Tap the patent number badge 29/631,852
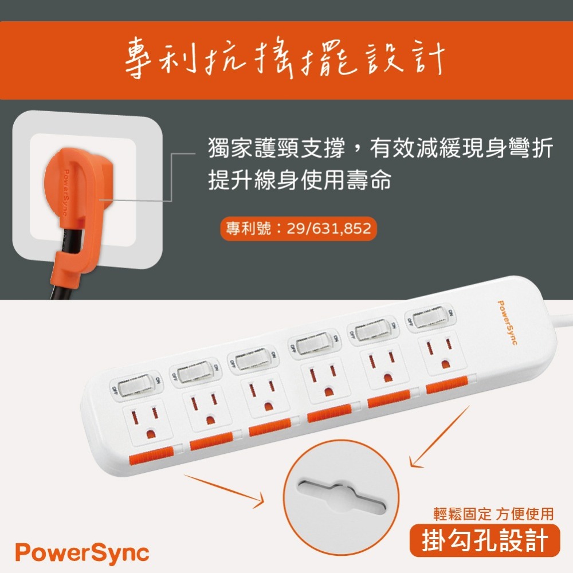pos(298,229)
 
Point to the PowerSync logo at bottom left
pos(82,553)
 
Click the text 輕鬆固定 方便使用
pos(493,514)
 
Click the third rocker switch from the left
pos(252,362)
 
